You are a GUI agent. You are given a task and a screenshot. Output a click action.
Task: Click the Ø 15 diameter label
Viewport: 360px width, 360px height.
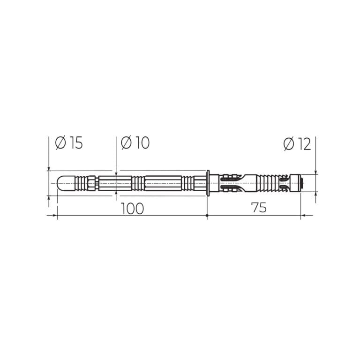point(69,143)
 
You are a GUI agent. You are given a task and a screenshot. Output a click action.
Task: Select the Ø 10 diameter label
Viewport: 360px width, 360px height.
point(135,143)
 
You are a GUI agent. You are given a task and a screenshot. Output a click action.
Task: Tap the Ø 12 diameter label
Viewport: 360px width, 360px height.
point(297,144)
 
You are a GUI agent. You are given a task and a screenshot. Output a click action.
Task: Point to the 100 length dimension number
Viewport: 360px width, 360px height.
point(132,209)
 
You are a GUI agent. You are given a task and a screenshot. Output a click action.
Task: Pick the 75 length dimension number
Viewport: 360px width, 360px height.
point(259,208)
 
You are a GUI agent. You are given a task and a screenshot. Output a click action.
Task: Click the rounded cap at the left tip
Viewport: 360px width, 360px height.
point(66,183)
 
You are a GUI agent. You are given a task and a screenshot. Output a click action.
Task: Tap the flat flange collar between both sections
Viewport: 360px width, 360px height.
point(208,183)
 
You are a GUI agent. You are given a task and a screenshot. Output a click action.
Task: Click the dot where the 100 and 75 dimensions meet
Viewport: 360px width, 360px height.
point(207,215)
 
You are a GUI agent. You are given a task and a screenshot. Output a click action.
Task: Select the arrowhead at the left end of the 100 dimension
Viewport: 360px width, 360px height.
point(55,215)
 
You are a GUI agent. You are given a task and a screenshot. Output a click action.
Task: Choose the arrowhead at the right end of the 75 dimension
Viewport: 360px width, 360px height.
point(303,215)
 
